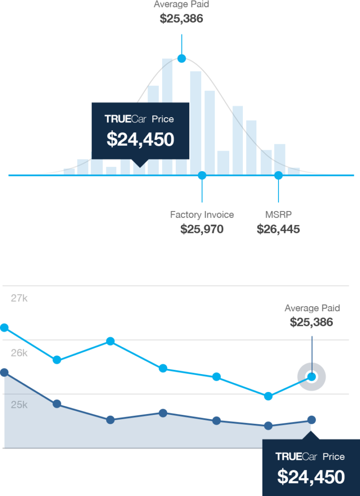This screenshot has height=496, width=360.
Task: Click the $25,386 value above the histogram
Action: [181, 19]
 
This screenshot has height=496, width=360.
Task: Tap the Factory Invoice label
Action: [202, 215]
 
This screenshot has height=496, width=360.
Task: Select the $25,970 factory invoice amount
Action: [202, 229]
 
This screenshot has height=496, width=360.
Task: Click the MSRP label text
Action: [278, 215]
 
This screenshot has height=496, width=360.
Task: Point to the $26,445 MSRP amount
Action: [278, 229]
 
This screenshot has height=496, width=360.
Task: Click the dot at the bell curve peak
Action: [181, 58]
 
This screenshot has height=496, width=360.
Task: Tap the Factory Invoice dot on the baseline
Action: [202, 175]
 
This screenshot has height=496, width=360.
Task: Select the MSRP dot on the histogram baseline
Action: [278, 175]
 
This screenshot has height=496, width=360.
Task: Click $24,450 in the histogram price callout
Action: [140, 139]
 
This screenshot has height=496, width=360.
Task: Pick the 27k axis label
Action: [19, 298]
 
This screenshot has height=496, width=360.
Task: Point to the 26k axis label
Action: [19, 353]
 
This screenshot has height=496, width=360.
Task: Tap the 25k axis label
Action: [19, 405]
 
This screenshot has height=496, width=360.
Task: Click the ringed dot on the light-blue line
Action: [311, 376]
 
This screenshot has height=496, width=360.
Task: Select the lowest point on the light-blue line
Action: [268, 396]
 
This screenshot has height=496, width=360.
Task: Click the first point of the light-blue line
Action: [5, 327]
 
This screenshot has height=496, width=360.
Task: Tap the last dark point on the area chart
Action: [311, 419]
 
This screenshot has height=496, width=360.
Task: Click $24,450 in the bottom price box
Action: [311, 476]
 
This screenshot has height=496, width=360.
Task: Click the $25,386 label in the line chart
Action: [311, 322]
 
